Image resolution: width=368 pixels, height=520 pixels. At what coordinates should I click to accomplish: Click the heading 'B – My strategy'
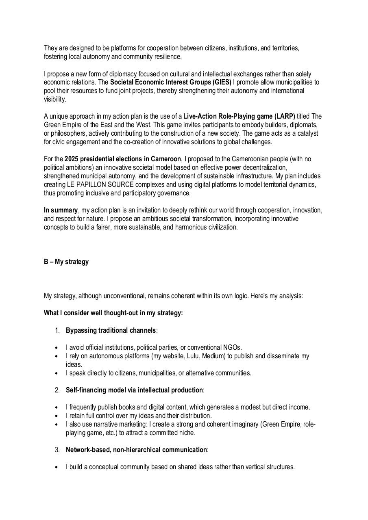66,262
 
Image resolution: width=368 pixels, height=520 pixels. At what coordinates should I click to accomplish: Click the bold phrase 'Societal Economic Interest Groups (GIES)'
170,82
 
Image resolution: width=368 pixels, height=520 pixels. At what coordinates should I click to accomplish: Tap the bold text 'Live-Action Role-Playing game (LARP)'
239,117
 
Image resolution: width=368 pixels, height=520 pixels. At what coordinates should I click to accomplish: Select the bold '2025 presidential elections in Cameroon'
122,159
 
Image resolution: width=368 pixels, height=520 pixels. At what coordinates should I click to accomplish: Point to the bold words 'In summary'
61,210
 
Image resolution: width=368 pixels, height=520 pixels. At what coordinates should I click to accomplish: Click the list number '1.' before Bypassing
57,330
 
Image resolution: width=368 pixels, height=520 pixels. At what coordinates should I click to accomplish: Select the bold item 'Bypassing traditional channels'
111,330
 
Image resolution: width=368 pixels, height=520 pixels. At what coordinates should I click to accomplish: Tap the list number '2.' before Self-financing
57,390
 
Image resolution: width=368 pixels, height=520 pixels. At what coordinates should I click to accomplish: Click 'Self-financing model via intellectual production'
134,390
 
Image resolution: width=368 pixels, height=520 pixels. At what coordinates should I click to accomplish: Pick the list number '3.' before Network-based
57,450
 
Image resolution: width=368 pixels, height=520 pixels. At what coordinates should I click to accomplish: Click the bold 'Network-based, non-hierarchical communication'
136,450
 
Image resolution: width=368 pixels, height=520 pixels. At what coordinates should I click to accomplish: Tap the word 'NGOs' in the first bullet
232,347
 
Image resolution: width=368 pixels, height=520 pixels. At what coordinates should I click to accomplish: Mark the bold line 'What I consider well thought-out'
113,313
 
